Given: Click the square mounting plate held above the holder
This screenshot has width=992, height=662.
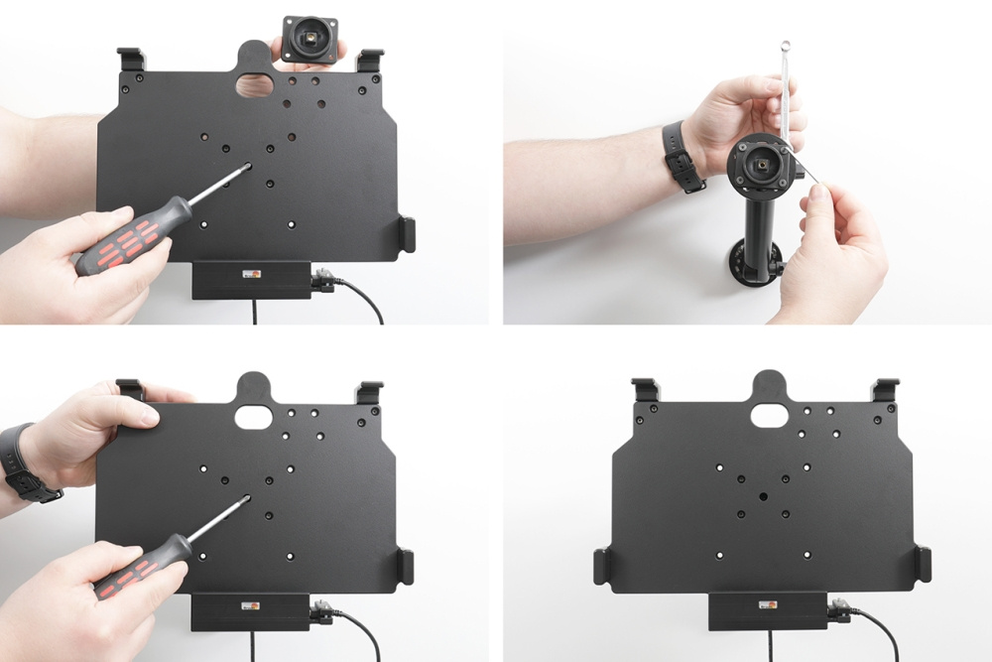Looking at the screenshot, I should point(310,39).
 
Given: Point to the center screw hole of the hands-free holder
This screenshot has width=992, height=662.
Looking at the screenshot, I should point(763,493).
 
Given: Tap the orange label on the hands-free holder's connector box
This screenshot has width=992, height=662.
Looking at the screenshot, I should point(767,603).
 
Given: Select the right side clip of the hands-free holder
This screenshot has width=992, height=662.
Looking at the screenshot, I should point(923,565).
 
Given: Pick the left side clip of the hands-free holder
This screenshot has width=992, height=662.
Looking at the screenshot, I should point(602,567).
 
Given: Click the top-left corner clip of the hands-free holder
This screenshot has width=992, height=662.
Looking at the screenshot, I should point(645,389).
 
